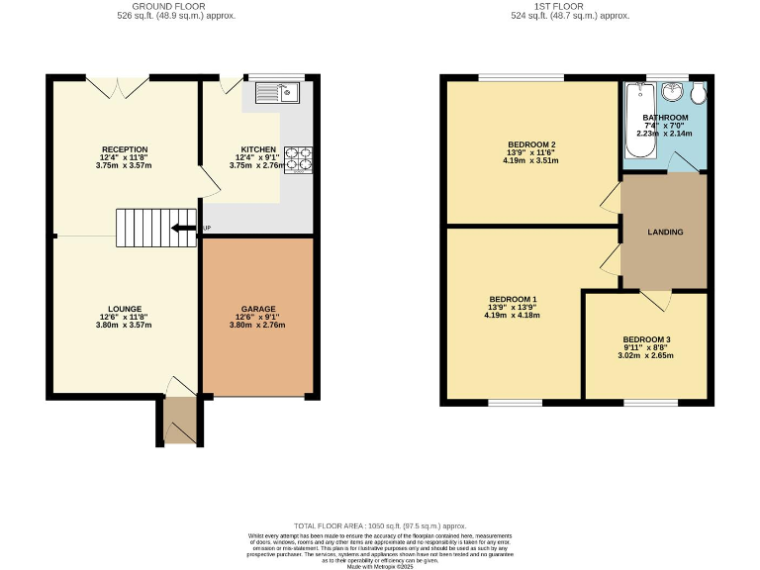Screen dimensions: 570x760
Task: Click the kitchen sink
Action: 277,94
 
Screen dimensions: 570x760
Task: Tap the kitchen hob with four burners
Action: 299,159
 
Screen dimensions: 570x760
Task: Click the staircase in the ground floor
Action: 144,228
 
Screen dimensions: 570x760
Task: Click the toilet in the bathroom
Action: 699,94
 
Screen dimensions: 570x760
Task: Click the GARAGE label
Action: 258,309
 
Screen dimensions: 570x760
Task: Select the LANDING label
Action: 665,232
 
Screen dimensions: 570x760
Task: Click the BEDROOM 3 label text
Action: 647,340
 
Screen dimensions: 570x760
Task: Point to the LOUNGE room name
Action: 125,309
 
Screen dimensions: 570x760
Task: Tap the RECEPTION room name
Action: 124,149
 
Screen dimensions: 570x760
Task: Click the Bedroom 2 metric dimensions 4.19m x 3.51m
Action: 531,160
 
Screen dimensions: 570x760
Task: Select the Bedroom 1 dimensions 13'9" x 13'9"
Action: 513,307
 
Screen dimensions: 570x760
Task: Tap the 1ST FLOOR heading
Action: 570,7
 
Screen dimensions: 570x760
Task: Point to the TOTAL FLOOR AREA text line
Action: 380,525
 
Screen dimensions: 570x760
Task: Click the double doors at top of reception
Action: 118,87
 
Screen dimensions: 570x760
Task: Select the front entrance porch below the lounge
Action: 177,421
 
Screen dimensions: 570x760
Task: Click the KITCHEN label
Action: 258,149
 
